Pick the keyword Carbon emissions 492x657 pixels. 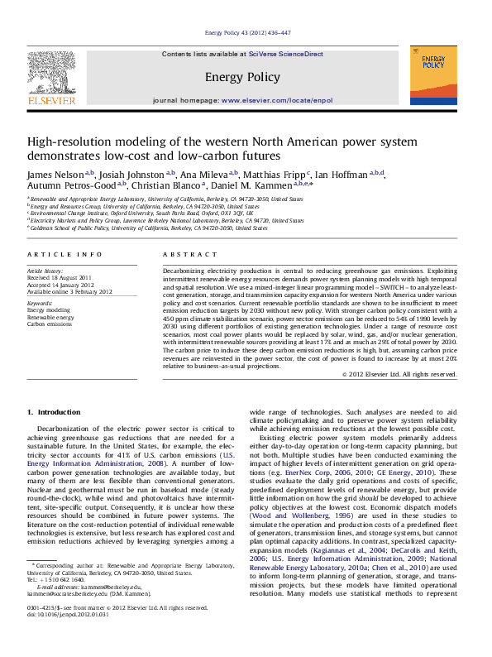coord(50,324)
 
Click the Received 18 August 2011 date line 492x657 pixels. coord(62,277)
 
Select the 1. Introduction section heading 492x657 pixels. coord(54,411)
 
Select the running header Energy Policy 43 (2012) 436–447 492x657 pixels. coord(246,32)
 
